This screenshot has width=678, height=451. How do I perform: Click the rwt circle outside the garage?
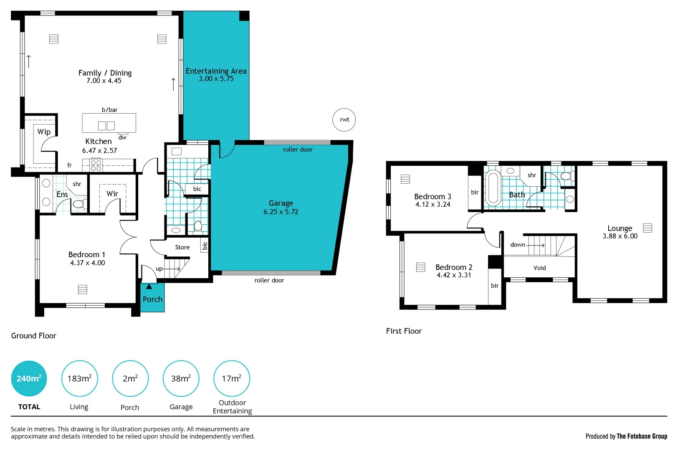344,120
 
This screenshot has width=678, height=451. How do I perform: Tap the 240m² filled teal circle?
29,378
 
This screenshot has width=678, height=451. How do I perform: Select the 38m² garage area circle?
181,378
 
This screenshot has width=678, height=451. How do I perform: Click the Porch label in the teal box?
152,299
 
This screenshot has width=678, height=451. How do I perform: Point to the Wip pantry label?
44,132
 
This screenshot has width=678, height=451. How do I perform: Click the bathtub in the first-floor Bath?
493,188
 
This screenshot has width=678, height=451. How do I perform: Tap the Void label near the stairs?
539,268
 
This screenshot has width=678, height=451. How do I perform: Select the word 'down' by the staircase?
517,245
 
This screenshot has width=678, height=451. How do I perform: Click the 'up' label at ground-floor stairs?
159,269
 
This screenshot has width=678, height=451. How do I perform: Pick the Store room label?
182,247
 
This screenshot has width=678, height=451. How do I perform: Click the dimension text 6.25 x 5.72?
281,212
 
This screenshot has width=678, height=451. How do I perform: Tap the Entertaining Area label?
216,71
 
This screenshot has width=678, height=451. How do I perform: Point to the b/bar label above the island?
109,110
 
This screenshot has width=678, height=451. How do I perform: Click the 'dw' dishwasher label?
122,137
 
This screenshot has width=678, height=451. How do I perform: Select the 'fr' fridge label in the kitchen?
69,165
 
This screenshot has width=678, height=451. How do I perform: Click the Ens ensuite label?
62,195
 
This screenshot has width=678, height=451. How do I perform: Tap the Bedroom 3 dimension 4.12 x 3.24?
433,205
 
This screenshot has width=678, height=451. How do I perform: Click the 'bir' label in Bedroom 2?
495,286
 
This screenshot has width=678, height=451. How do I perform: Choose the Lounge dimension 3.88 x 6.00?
620,236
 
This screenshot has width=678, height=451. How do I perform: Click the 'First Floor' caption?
403,331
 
